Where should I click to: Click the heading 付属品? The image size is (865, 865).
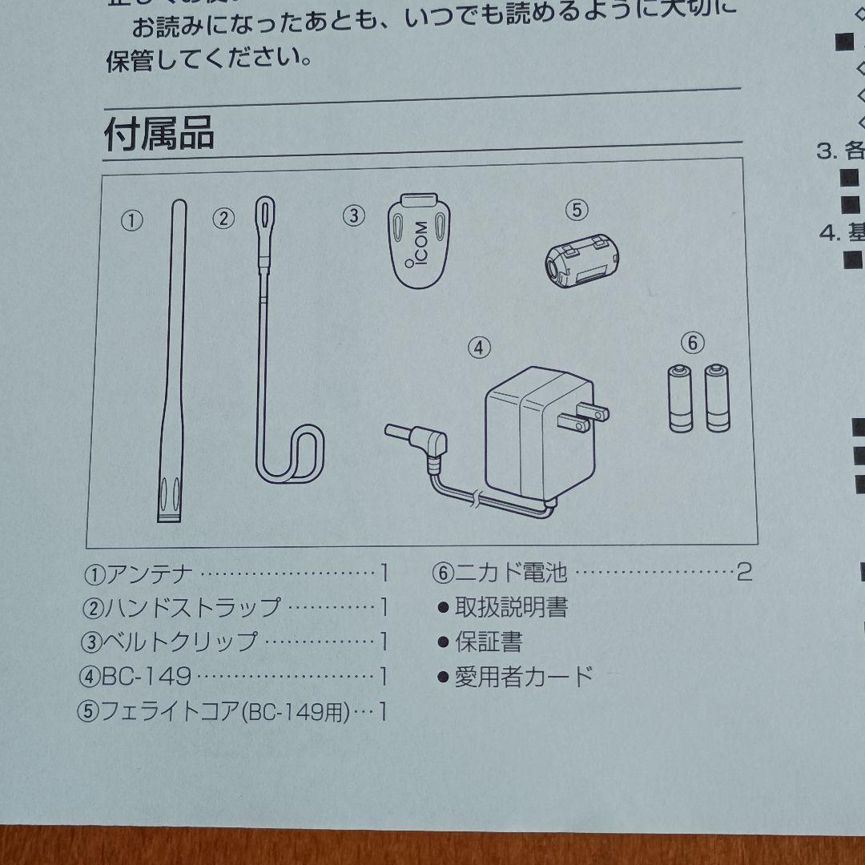point(159,134)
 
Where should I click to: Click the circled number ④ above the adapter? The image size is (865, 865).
point(478,348)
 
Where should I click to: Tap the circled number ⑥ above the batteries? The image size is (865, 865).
point(692,344)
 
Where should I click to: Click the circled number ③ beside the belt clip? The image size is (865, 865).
point(354,215)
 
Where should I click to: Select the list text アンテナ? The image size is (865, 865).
point(150,573)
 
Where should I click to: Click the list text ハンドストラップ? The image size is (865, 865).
point(193,608)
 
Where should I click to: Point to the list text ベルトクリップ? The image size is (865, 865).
point(181,642)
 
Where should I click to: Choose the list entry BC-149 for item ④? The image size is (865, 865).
point(147,677)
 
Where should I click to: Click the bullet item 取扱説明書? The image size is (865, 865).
point(511,608)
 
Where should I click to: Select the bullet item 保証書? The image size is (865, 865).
point(489,642)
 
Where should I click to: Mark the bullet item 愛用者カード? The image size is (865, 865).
point(524,677)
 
